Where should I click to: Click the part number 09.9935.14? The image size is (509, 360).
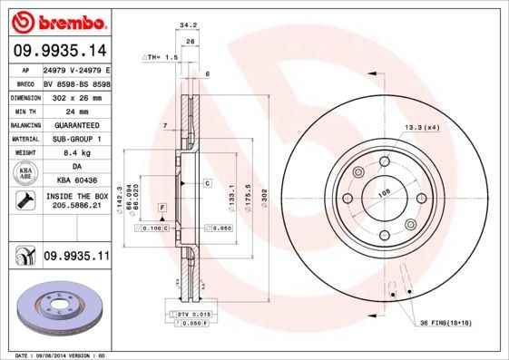(58, 50)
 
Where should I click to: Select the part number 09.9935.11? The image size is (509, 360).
(76, 257)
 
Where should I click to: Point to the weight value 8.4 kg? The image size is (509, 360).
(76, 153)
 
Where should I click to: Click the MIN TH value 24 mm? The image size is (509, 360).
(76, 111)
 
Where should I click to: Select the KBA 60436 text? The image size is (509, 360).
(76, 181)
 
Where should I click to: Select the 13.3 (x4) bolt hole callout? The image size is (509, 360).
(423, 128)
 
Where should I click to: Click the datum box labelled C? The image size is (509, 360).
(207, 183)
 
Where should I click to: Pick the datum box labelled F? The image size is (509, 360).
(162, 209)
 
